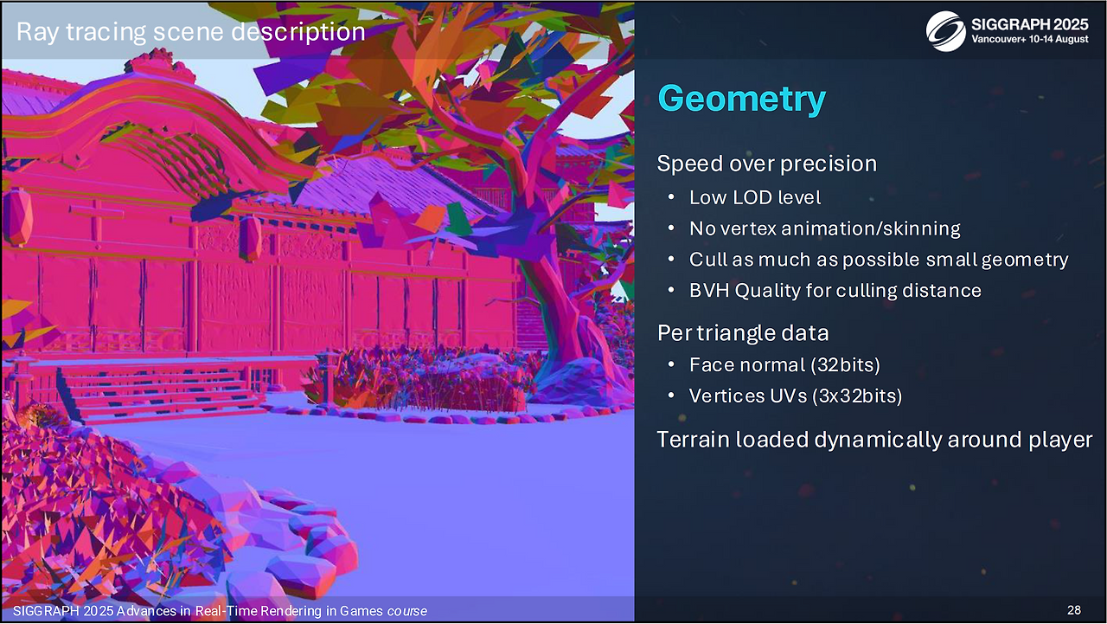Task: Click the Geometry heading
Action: (741, 100)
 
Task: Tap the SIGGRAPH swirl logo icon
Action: (946, 32)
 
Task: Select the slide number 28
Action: (1074, 610)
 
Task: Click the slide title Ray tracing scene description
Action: (191, 32)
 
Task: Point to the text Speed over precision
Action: (766, 164)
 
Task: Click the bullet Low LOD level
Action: (755, 198)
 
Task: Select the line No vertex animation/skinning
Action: (825, 228)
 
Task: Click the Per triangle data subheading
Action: (743, 332)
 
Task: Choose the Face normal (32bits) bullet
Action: (784, 365)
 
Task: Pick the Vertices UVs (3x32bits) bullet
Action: (795, 396)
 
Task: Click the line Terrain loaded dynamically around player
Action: (874, 440)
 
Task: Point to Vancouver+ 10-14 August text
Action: (1030, 39)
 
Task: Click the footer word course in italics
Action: (406, 611)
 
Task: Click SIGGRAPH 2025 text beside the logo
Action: (1030, 24)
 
